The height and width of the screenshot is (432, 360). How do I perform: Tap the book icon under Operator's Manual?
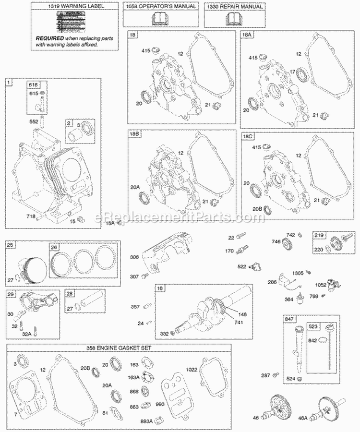160,20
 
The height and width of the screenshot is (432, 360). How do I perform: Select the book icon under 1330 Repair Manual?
234,20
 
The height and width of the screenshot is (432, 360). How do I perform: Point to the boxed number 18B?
134,135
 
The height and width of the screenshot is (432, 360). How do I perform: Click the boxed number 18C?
248,136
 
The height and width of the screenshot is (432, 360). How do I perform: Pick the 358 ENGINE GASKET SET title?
119,346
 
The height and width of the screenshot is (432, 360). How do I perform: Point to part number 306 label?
134,257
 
